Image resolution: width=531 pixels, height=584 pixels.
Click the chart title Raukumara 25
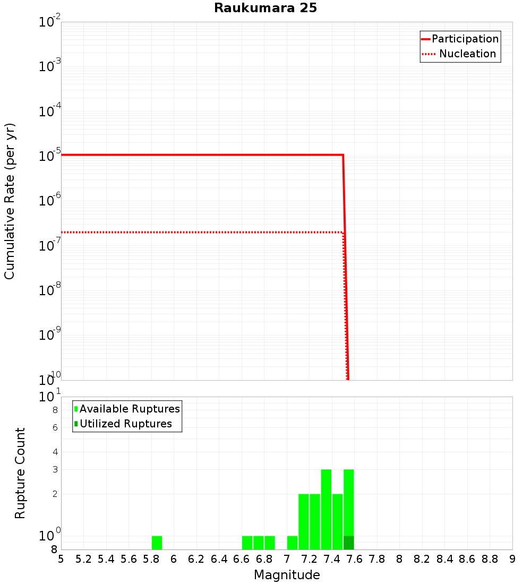click(265, 8)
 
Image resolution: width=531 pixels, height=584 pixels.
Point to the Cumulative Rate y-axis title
click(10, 201)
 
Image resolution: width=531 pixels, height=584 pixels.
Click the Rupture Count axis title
click(20, 473)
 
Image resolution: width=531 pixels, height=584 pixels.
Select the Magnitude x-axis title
click(287, 575)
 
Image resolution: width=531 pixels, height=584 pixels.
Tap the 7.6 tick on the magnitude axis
click(355, 559)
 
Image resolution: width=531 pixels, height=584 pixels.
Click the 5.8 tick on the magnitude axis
click(151, 559)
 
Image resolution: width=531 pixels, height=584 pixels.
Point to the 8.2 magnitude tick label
click(422, 559)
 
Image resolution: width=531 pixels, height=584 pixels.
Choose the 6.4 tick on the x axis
click(219, 559)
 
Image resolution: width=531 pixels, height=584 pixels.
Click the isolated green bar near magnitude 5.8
click(157, 543)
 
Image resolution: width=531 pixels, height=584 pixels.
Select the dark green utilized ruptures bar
click(348, 543)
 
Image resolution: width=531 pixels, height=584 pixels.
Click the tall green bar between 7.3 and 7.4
click(326, 509)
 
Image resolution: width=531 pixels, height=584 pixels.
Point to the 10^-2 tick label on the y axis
click(50, 23)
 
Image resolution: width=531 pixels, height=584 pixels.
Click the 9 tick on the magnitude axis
click(512, 559)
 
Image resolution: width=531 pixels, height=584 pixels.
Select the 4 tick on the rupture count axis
click(54, 452)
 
